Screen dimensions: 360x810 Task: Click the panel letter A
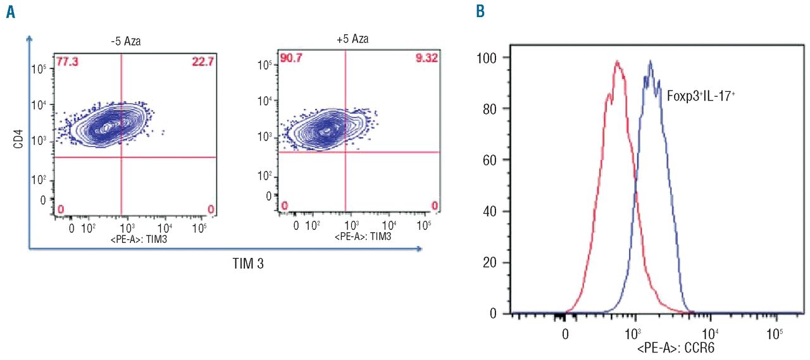(10, 13)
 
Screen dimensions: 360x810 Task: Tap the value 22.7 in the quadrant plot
(197, 61)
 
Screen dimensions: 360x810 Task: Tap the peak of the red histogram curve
(616, 62)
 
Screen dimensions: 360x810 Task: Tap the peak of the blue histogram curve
(650, 62)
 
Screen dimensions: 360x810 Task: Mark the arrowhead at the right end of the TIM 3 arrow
(420, 249)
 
